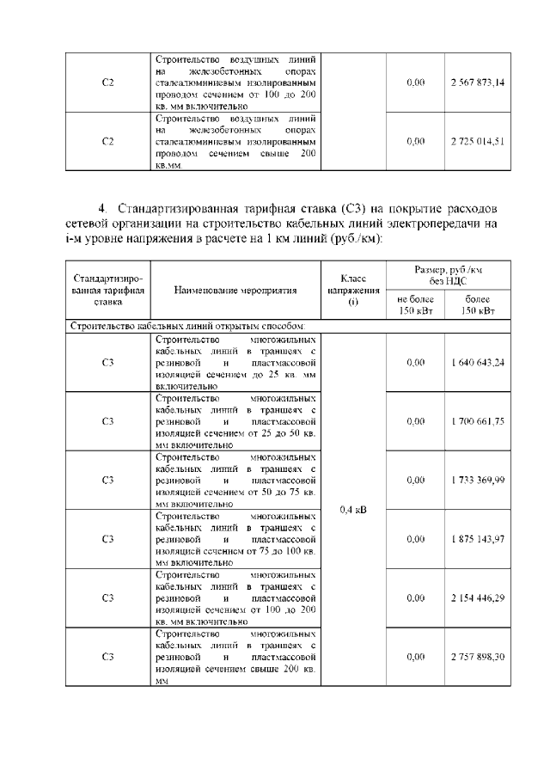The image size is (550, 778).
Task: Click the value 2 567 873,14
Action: click(x=477, y=83)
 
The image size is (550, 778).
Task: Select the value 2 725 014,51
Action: click(x=477, y=141)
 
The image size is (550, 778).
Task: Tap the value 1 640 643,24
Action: click(x=477, y=362)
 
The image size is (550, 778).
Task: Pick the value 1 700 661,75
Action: click(x=477, y=421)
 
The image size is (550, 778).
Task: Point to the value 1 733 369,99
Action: click(x=477, y=480)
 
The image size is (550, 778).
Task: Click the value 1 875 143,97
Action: click(x=477, y=539)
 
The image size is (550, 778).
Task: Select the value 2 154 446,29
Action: click(x=477, y=597)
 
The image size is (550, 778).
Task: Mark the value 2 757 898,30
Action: click(x=477, y=657)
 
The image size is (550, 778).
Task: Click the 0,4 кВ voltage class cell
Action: click(x=352, y=510)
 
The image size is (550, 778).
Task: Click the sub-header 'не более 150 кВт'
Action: click(x=415, y=304)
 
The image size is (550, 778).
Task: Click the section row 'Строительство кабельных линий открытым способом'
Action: click(x=186, y=326)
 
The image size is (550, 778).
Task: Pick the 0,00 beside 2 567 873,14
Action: click(x=415, y=83)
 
